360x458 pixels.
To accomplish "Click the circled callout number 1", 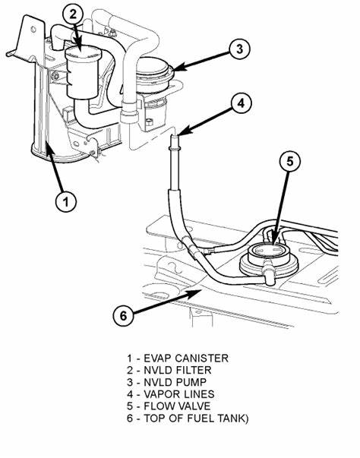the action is pos(66,201).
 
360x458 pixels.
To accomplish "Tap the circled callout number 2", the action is pos(73,14).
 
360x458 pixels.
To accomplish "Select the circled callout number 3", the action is pos(239,48).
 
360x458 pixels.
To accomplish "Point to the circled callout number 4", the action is pos(241,103).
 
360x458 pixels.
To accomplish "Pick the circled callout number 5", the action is pos(289,161).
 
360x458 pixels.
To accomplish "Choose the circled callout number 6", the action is pos(124,315).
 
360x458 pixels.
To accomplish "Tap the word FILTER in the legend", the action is pos(194,370).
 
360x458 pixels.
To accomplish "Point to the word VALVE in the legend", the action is pos(194,406).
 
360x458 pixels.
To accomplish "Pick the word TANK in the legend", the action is pos(232,418).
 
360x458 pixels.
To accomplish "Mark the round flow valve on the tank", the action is pos(269,257).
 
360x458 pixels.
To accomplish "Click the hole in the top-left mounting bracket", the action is pos(33,29).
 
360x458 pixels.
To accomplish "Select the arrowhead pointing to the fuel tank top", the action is pos(196,293).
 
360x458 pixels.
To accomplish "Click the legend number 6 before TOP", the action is pos(130,418).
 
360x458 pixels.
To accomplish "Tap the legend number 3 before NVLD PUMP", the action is pos(130,382).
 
